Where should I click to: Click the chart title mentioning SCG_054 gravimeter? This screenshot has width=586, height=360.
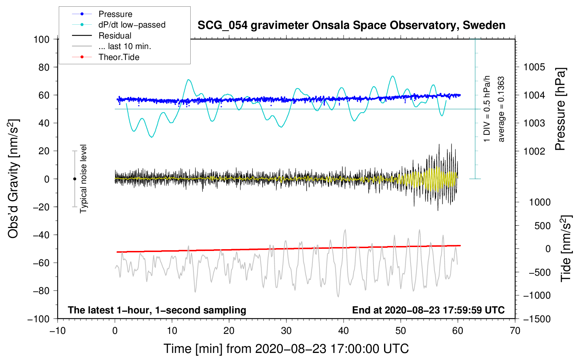[x=351, y=25]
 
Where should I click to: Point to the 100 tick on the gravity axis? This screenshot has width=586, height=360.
[x=42, y=40]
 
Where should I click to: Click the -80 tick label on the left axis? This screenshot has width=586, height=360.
[x=41, y=291]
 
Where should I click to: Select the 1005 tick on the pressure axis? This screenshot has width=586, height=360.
[x=534, y=67]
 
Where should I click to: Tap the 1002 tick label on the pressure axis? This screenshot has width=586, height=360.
[x=534, y=151]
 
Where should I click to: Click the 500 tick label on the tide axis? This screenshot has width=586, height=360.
[x=542, y=226]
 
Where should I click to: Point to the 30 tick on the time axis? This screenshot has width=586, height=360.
[x=286, y=331]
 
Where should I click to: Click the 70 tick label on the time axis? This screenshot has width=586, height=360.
[x=515, y=331]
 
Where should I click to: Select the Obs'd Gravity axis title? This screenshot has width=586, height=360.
[x=13, y=179]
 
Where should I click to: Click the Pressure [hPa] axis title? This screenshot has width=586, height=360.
[x=560, y=109]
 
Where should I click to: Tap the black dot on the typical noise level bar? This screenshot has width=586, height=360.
[x=74, y=179]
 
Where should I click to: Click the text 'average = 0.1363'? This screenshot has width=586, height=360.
[x=501, y=109]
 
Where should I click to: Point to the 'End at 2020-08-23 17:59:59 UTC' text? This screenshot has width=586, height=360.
[x=428, y=310]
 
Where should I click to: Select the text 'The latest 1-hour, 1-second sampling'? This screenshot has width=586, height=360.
[x=157, y=310]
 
